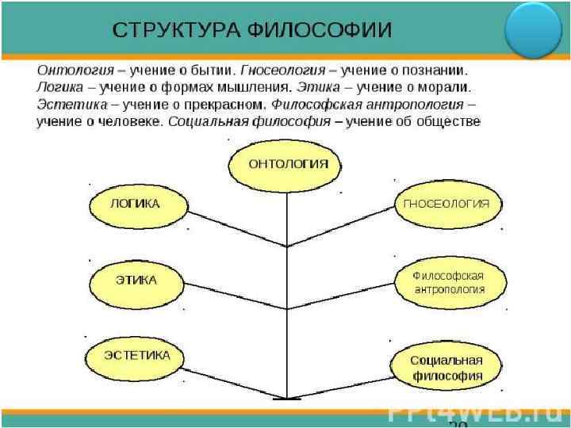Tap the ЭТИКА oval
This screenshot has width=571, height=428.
point(136,281)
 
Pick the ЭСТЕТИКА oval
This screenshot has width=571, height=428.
point(135,355)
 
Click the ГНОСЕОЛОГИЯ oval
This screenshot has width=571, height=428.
point(446,204)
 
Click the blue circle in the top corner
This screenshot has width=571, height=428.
point(534,29)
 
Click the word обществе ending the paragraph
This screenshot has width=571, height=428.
point(448,121)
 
